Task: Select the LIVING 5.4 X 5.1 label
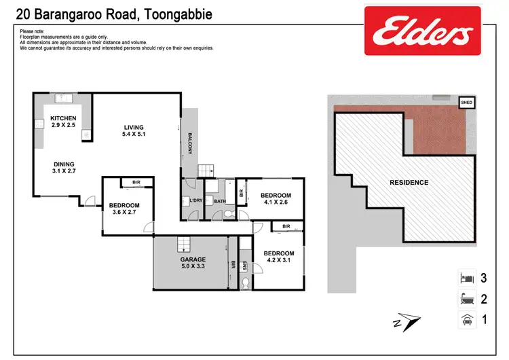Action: click(134, 130)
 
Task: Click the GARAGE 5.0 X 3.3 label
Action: click(193, 264)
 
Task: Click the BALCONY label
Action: click(191, 143)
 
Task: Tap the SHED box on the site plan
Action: click(466, 103)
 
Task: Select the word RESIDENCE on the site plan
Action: click(409, 183)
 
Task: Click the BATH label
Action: click(220, 201)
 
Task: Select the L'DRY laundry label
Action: click(197, 201)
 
